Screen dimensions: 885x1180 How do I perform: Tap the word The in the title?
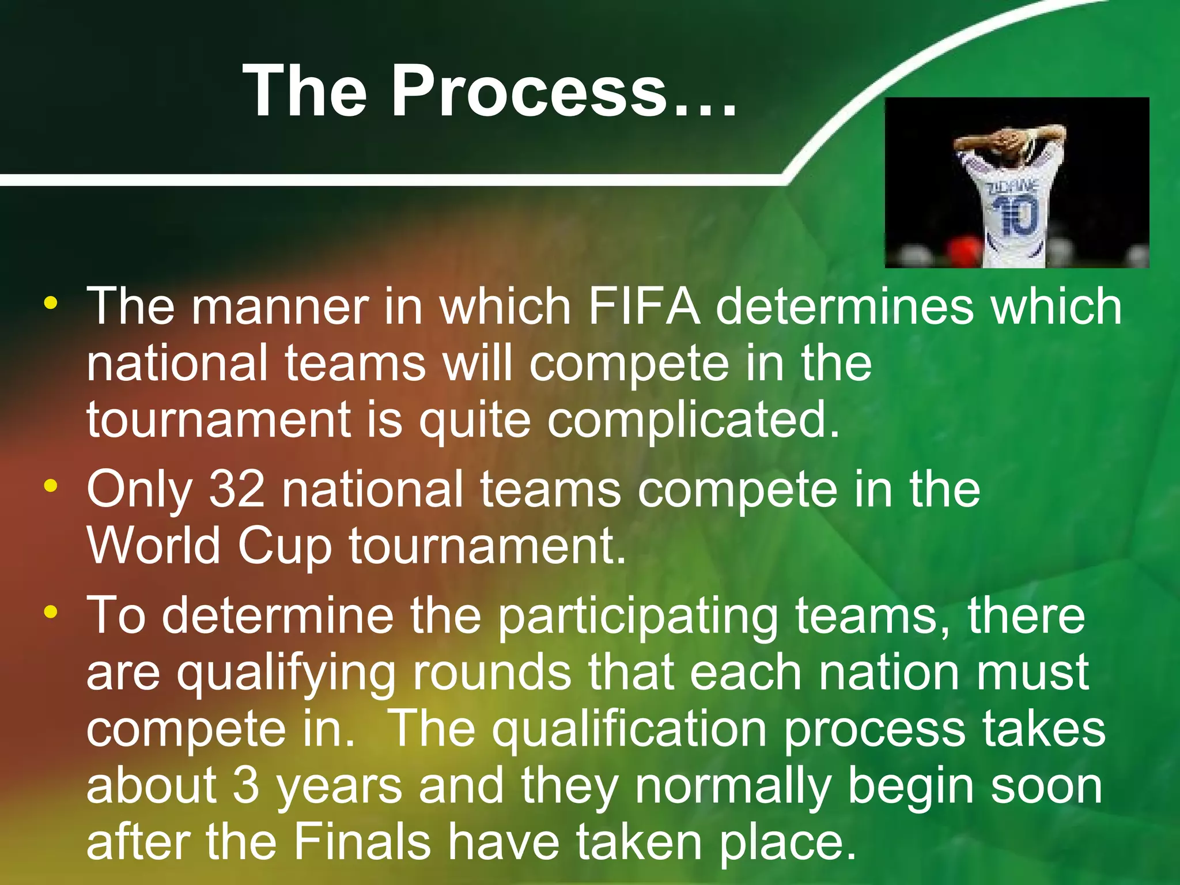click(305, 91)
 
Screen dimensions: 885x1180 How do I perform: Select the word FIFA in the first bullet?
click(644, 307)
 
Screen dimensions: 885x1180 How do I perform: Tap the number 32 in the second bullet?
click(237, 489)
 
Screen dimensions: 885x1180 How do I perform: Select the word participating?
click(638, 617)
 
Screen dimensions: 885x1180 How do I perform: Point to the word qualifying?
click(286, 674)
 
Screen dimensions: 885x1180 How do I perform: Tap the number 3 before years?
click(246, 786)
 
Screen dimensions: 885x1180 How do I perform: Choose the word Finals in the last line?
click(362, 842)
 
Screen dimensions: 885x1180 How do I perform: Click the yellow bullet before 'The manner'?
click(51, 302)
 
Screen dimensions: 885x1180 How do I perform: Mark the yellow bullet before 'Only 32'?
click(51, 486)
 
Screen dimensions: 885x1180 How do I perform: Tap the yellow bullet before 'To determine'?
click(51, 612)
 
